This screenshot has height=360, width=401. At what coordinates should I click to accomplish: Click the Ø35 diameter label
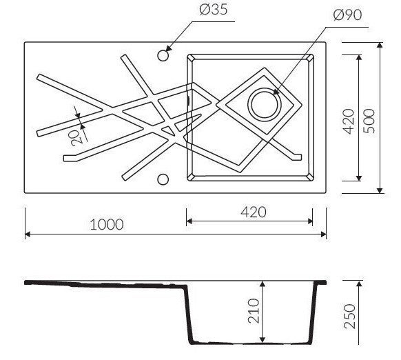point(214,10)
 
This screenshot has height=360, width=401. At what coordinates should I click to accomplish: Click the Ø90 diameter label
point(347,15)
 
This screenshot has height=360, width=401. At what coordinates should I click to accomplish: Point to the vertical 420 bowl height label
point(349,121)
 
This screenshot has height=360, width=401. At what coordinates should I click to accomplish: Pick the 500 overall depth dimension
point(369,121)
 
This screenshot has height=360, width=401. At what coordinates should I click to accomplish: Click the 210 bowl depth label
point(254,311)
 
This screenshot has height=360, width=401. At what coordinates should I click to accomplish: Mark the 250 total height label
point(350,317)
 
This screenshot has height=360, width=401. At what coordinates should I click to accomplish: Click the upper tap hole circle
point(163,55)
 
